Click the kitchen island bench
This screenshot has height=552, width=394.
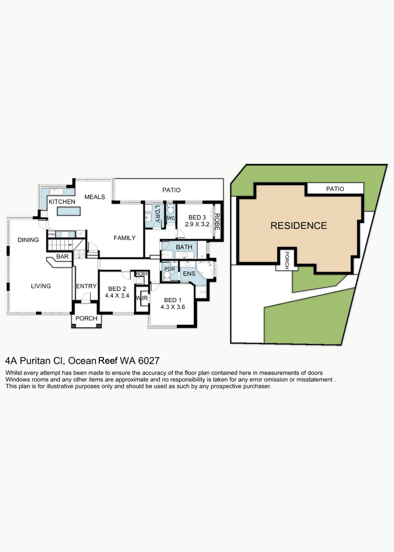[x=69, y=211]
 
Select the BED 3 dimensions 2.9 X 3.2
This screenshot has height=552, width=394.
[x=197, y=224]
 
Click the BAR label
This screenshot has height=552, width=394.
[x=62, y=257]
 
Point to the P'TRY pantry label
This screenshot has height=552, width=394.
[x=52, y=235]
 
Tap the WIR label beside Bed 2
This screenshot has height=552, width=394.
[x=142, y=298]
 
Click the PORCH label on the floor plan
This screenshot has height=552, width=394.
[x=86, y=319]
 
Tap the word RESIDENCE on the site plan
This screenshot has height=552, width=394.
[x=299, y=226]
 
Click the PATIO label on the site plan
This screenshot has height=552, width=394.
[x=335, y=189]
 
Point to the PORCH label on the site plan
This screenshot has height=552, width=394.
[x=287, y=260]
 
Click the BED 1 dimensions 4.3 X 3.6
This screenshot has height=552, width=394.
[x=173, y=307]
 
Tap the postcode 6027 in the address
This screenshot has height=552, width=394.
[x=149, y=361]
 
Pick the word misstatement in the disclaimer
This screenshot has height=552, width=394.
[x=314, y=380]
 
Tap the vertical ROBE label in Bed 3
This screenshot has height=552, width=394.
[x=217, y=222]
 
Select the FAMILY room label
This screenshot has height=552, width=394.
[x=125, y=238]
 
